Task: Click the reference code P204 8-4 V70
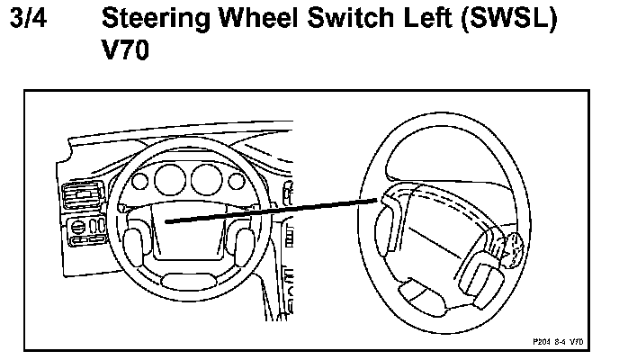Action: pyautogui.click(x=557, y=342)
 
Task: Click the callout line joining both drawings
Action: pyautogui.click(x=270, y=212)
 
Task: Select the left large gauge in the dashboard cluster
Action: pyautogui.click(x=168, y=179)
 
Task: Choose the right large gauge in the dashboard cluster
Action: pyautogui.click(x=206, y=179)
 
